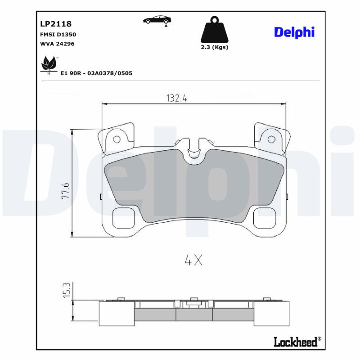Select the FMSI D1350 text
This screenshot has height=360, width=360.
pyautogui.click(x=55, y=34)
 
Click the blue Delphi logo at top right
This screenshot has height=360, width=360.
pyautogui.click(x=294, y=32)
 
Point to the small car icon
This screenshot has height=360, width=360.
pyautogui.click(x=157, y=19)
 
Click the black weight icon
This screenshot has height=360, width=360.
pyautogui.click(x=214, y=30)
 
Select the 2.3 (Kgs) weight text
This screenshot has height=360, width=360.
pyautogui.click(x=214, y=47)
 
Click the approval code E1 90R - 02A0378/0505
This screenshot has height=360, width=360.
pyautogui.click(x=96, y=72)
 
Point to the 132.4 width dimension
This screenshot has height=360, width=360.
pyautogui.click(x=177, y=98)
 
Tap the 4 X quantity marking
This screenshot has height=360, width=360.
pyautogui.click(x=193, y=260)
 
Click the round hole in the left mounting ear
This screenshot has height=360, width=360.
pyautogui.click(x=116, y=139)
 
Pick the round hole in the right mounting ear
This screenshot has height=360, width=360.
pyautogui.click(x=271, y=139)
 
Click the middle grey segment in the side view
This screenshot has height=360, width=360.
pyautogui.click(x=193, y=314)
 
